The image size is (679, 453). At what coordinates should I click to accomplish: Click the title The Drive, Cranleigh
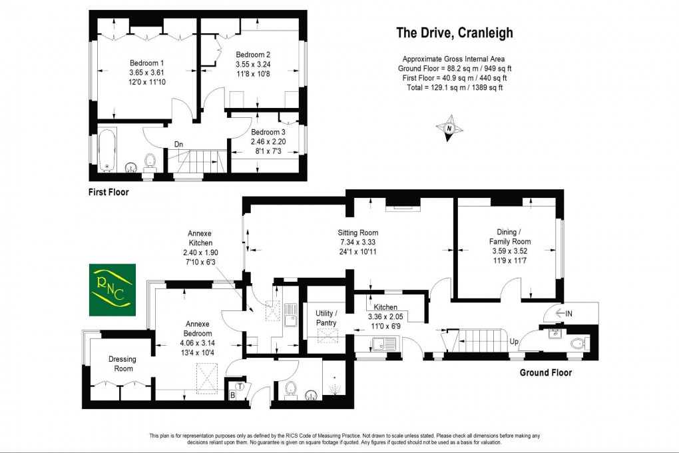pos(455,33)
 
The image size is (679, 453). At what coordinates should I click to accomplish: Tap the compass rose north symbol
pos(449,129)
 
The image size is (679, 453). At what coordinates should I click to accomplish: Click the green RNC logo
pos(112,290)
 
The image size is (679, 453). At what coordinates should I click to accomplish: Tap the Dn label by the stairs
pos(178,144)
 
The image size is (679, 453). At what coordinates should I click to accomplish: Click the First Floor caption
pos(109,193)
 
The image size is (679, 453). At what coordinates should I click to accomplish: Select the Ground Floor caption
pos(545,373)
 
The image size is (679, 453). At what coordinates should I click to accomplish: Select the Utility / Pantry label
pos(326,318)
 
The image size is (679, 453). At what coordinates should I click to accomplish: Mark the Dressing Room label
pos(122,364)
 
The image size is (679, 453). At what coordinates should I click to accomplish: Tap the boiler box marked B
pos(232,396)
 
